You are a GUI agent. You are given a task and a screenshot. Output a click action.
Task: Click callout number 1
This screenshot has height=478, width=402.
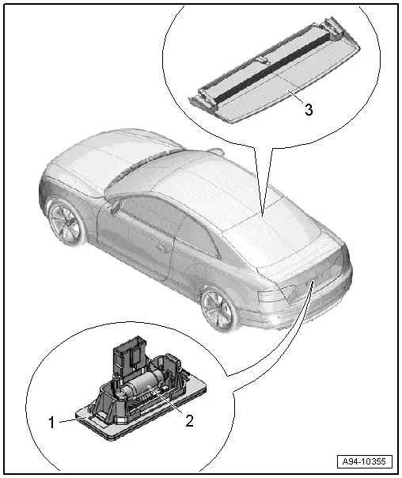click(x=51, y=423)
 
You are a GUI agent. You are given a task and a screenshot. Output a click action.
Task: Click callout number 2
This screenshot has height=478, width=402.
click(x=189, y=421)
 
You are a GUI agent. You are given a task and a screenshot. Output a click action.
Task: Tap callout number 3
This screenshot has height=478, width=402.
click(x=309, y=109)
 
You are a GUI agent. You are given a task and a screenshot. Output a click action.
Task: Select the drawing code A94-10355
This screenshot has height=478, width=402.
click(x=364, y=461)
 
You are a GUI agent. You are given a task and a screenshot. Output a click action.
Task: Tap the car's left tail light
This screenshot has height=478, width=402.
click(x=277, y=294)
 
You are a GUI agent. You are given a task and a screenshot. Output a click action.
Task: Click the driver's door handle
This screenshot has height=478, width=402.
click(x=162, y=249)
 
